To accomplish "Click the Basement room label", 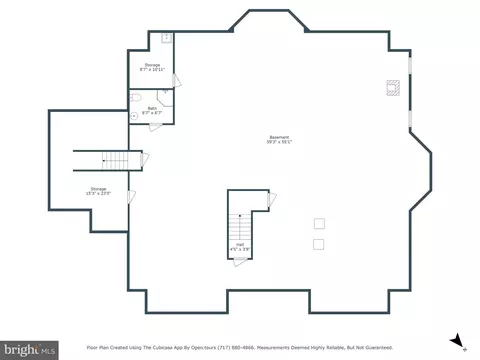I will coord(279,139).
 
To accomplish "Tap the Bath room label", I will coord(152,109).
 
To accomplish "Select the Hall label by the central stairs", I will coord(240,245).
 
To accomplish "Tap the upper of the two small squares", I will coord(319,224).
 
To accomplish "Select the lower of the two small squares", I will coord(319,244).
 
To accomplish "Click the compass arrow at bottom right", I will coord(457,341).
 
